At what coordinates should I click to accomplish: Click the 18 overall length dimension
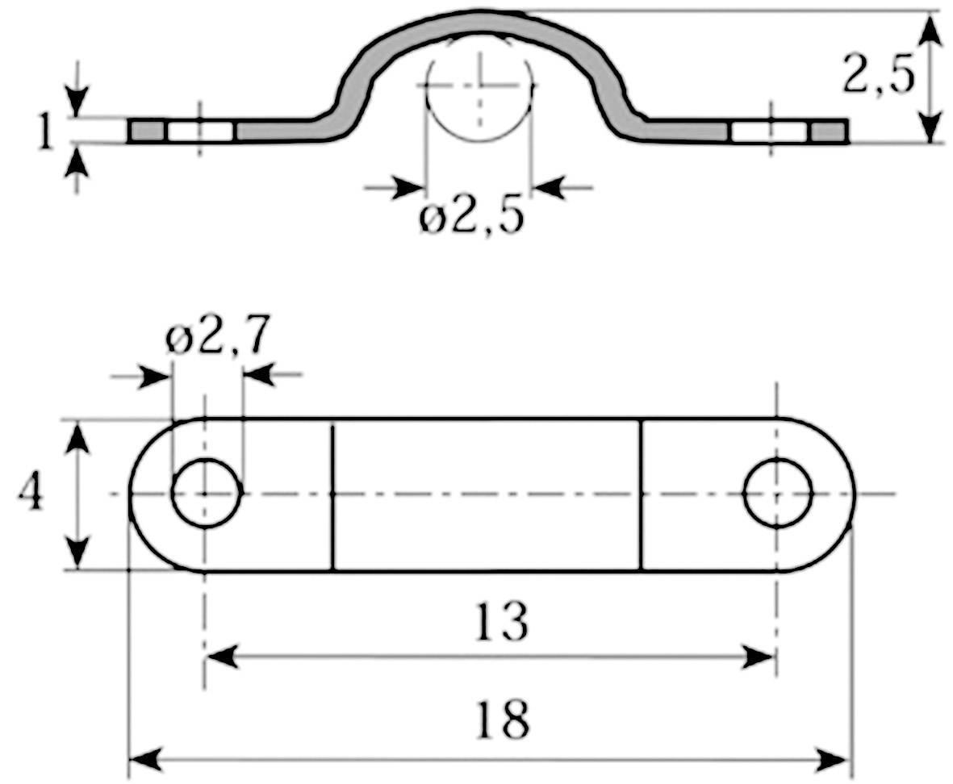coord(503,719)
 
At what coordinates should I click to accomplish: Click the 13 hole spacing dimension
coord(502,622)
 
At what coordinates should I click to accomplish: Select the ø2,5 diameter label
coord(471,218)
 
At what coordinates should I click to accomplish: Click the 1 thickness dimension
coord(45,131)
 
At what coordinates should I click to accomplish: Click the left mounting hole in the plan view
coord(206,493)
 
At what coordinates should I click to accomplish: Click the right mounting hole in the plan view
coord(778,493)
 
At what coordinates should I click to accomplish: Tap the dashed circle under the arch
coord(479,89)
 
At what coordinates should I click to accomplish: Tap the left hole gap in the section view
coord(200,131)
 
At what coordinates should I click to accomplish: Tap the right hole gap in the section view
coord(769,131)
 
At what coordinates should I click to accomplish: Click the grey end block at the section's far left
coord(147,130)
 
